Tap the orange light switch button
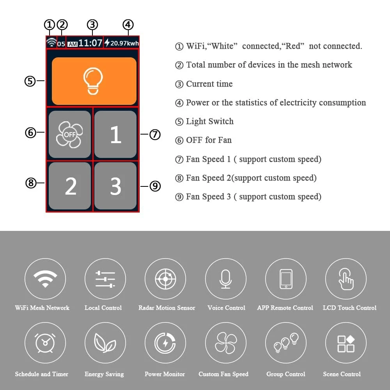[x=94, y=81]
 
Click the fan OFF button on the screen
[x=70, y=134]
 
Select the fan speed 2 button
[x=70, y=186]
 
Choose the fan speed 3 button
[x=115, y=186]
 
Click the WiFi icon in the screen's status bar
[x=51, y=42]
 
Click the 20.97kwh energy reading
[x=122, y=43]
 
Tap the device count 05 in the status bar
[x=61, y=44]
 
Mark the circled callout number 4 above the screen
[x=128, y=25]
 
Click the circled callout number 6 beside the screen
[x=30, y=133]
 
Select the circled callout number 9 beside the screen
[x=155, y=186]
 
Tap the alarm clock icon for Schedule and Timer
[x=45, y=343]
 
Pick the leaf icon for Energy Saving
[x=105, y=343]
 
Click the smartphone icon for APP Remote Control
[x=286, y=279]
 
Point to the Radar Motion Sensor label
[x=167, y=308]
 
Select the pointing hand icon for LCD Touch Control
[x=346, y=280]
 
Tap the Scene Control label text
[x=342, y=374]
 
